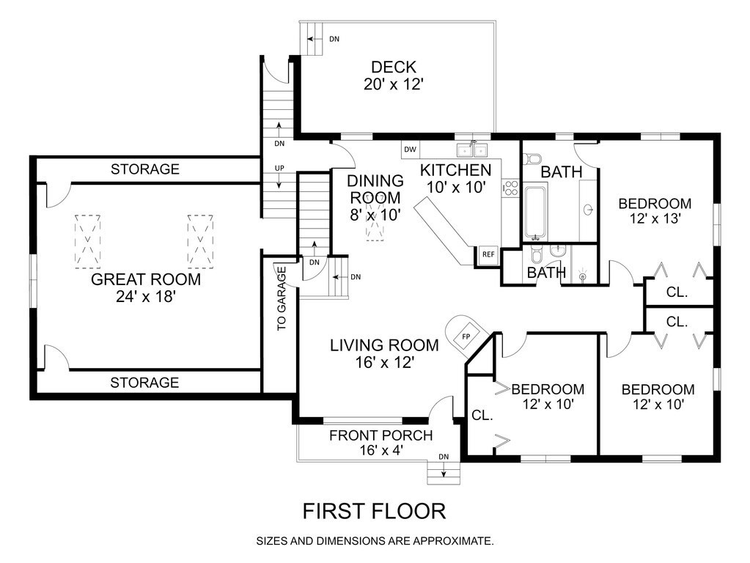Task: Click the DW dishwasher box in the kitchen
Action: [x=410, y=150]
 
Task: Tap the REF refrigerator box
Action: [x=488, y=254]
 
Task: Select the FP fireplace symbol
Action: [x=466, y=336]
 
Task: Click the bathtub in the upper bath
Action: [x=535, y=212]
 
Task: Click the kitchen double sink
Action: [x=472, y=150]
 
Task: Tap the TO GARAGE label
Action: [x=282, y=298]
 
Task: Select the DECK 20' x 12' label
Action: [x=394, y=76]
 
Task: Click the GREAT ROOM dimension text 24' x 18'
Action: [x=146, y=297]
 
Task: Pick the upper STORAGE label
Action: [x=145, y=169]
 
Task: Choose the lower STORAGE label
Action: [x=144, y=382]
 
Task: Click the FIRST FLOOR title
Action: [x=374, y=511]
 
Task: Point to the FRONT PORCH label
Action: [x=380, y=435]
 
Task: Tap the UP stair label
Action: [x=279, y=169]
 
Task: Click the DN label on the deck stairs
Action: [x=334, y=40]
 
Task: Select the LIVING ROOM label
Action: [x=384, y=345]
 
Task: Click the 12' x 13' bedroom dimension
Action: [x=655, y=218]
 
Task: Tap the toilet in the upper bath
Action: [x=532, y=158]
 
